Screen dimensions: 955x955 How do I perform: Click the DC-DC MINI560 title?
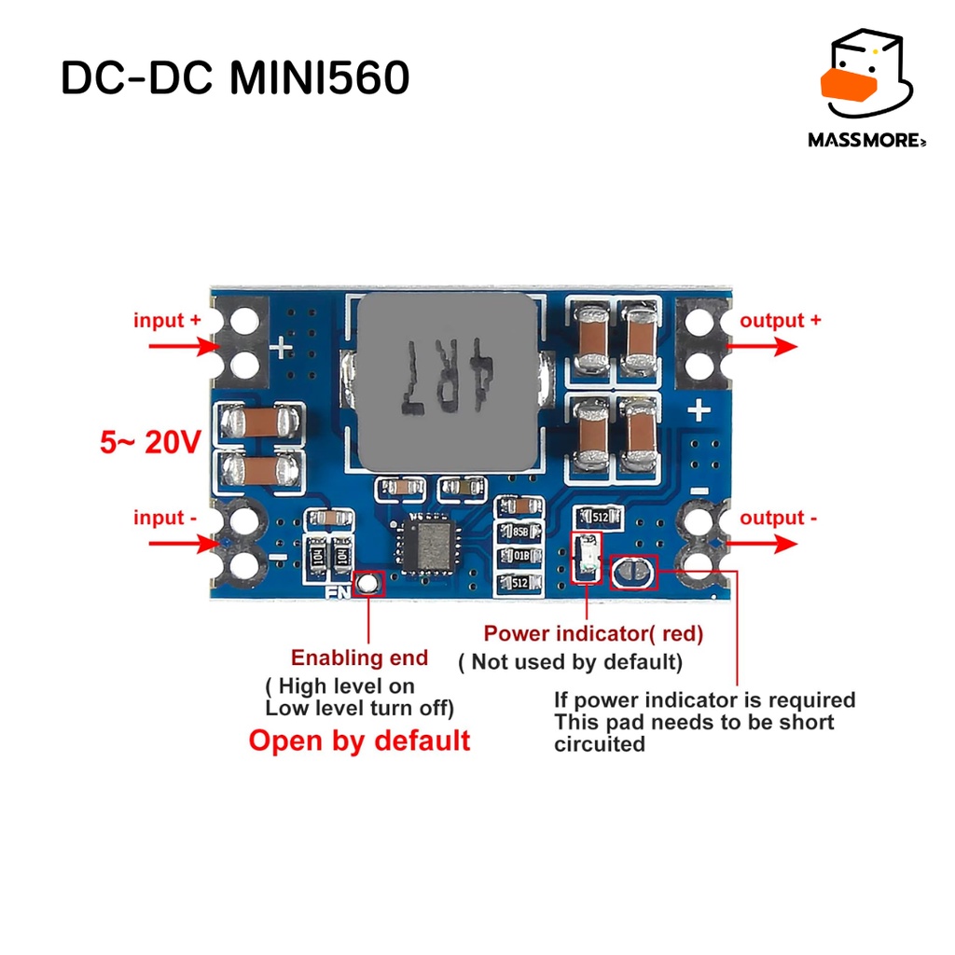click(x=235, y=78)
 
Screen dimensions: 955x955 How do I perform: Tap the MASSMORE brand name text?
click(x=866, y=140)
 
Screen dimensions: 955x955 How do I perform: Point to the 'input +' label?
click(x=167, y=320)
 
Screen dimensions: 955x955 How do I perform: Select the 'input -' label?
click(x=165, y=518)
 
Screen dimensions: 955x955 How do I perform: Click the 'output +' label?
click(x=781, y=321)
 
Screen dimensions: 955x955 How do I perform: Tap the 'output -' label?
click(x=779, y=518)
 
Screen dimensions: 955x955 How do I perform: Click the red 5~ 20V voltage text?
click(x=150, y=442)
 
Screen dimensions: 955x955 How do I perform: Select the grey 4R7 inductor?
click(x=448, y=382)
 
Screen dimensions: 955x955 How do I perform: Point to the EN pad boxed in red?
click(x=367, y=584)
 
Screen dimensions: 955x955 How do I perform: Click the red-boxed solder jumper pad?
click(x=633, y=573)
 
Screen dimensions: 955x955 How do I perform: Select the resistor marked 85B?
click(x=519, y=532)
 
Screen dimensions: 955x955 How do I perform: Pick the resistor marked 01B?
click(x=519, y=556)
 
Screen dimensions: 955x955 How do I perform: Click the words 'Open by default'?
click(x=359, y=740)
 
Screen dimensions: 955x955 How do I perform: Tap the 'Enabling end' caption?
click(x=359, y=657)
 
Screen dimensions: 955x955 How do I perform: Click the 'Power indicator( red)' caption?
click(x=593, y=633)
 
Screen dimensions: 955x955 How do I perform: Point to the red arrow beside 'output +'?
click(x=761, y=347)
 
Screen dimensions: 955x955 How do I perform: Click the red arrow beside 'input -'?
click(x=184, y=543)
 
